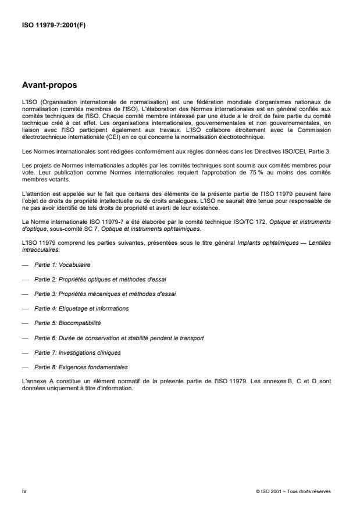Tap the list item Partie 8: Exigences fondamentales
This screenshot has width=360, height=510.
(81, 367)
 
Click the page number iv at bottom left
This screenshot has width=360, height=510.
(24, 490)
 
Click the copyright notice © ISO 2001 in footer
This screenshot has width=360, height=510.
(293, 490)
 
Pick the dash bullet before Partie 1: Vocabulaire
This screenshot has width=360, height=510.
(24, 264)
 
